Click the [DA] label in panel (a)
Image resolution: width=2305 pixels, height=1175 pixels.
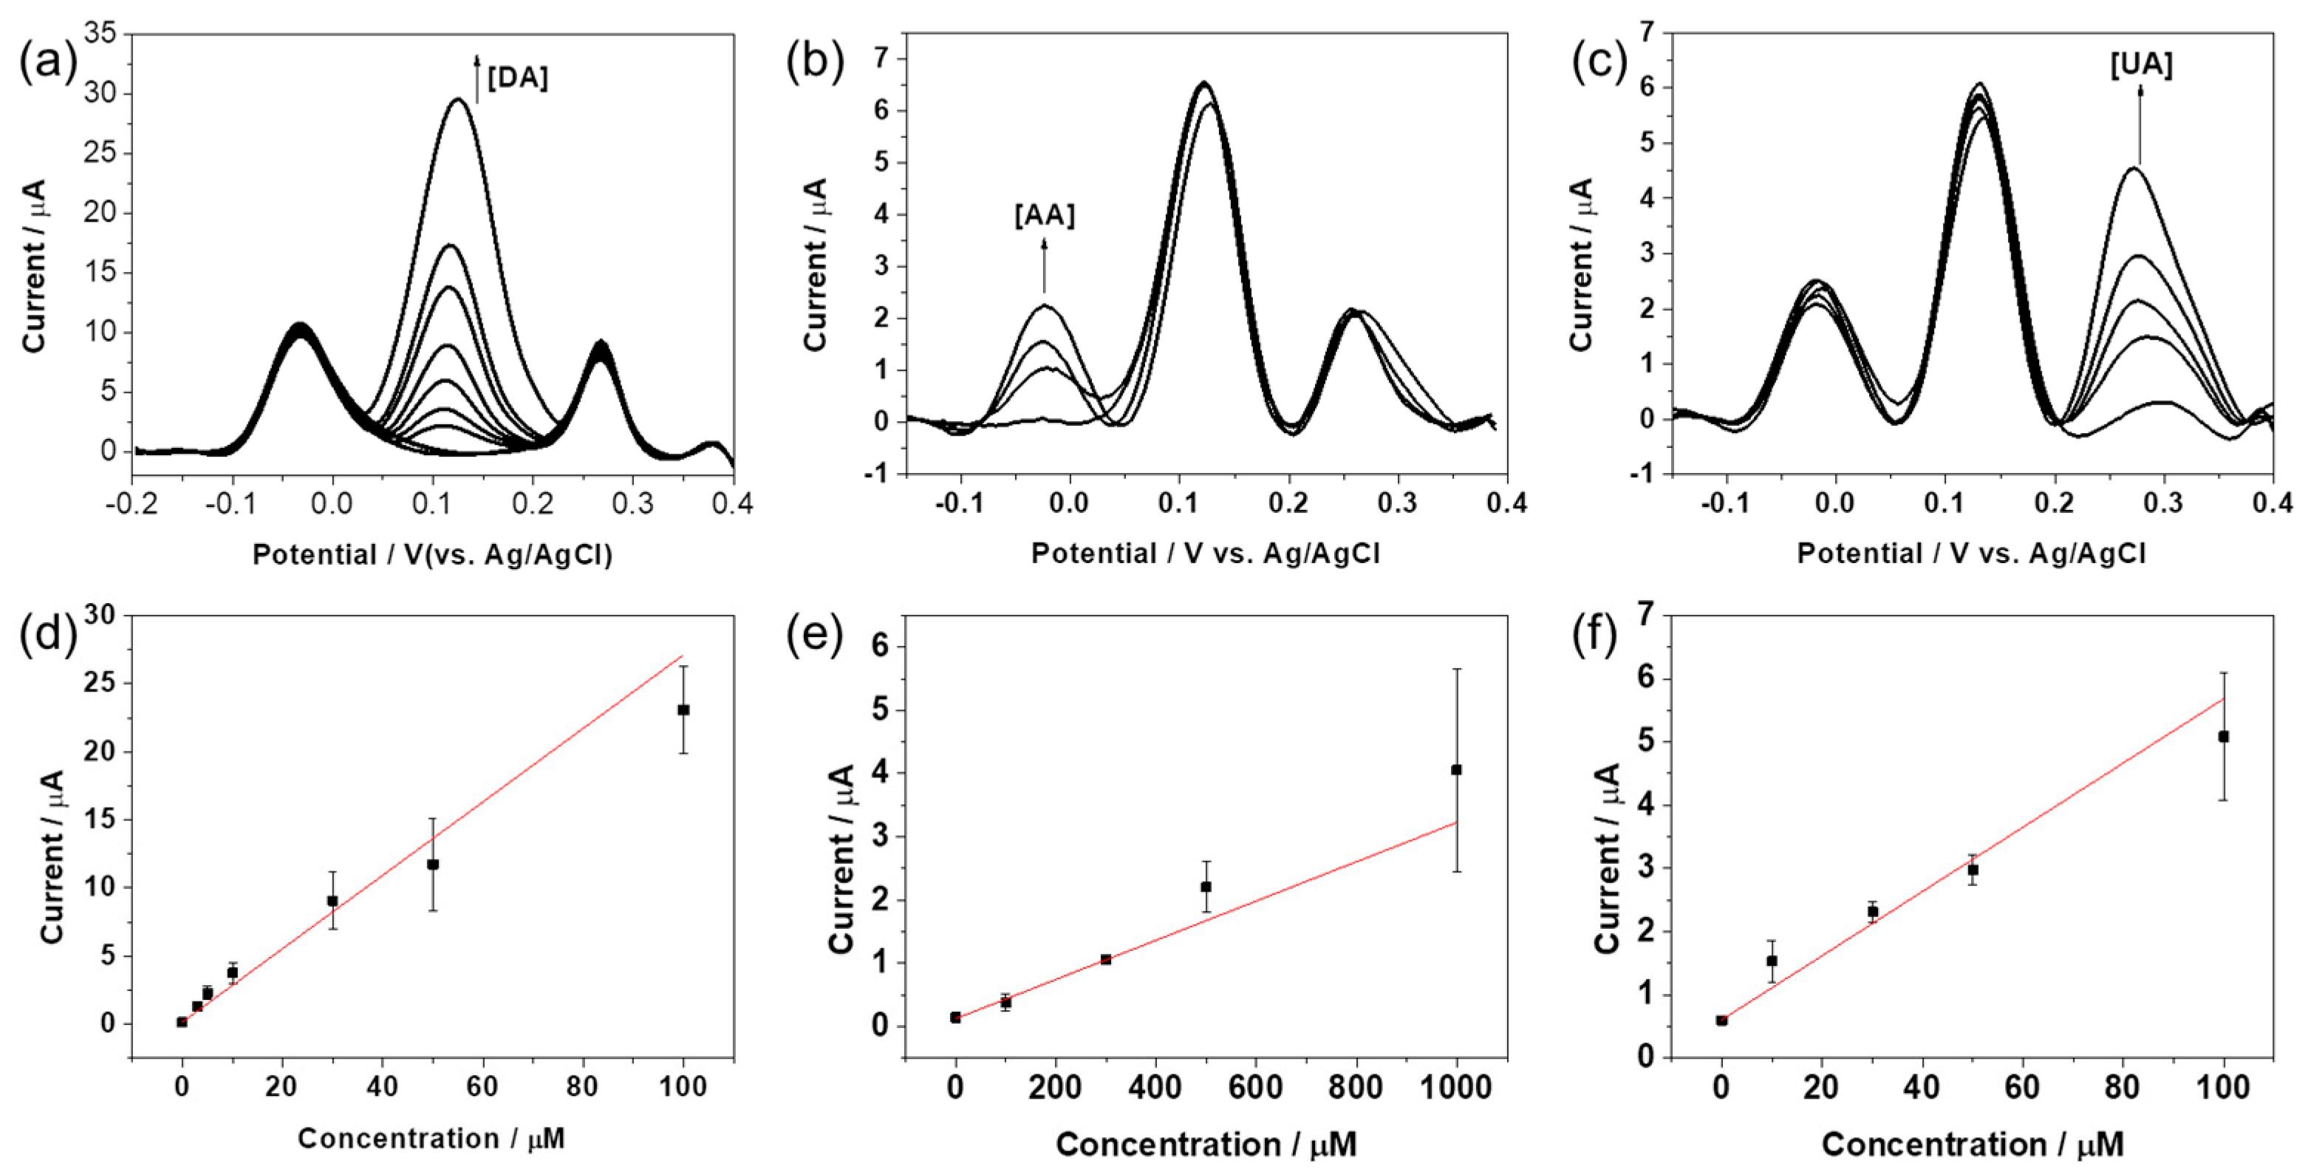[x=517, y=79]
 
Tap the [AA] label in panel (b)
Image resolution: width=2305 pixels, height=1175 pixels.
[x=1044, y=216]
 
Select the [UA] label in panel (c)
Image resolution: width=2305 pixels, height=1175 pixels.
[x=2140, y=65]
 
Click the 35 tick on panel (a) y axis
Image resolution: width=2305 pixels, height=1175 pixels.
[x=100, y=34]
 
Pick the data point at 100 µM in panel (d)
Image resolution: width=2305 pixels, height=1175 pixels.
[x=683, y=709]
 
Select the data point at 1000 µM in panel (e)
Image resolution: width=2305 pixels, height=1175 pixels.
[x=1457, y=769]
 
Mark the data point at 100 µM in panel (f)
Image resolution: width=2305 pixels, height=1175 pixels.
[x=2223, y=737]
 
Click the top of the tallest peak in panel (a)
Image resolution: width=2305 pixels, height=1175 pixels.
[x=459, y=99]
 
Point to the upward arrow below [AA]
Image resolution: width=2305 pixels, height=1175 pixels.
[x=1044, y=264]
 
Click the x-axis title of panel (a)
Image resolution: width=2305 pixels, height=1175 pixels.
[x=432, y=555]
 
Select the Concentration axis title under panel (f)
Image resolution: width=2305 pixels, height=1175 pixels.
[x=1972, y=1145]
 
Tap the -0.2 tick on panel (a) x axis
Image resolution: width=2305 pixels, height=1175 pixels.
[x=132, y=505]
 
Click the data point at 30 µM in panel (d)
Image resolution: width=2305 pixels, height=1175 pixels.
[x=332, y=900]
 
